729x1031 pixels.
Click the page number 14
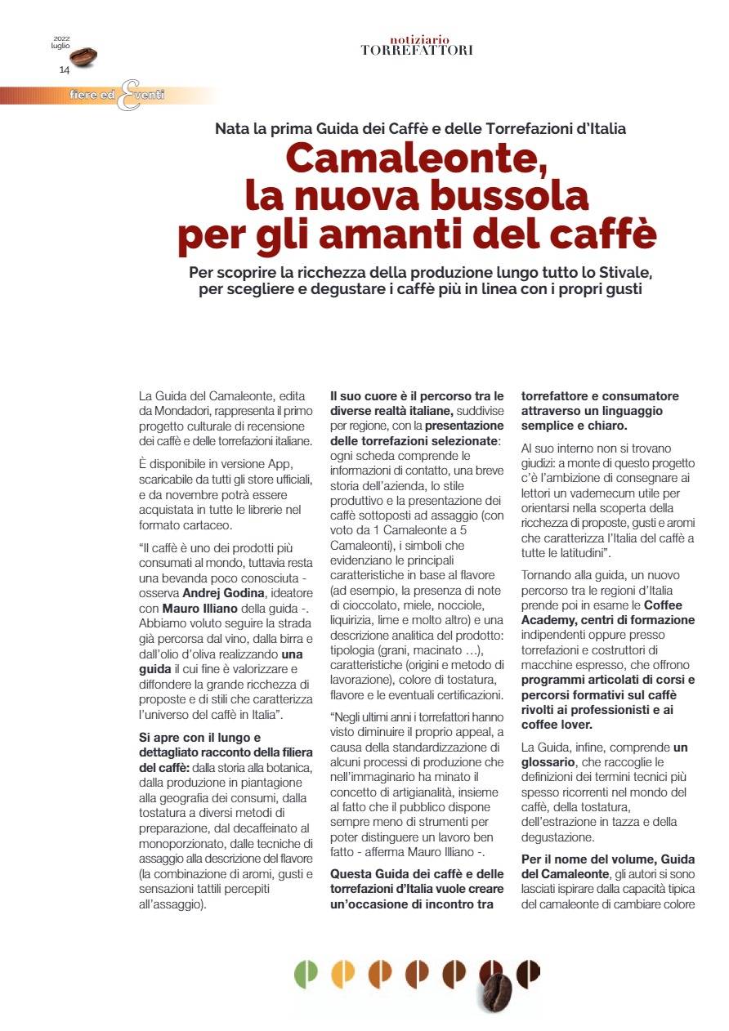(64, 70)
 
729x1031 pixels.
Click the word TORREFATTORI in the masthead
(417, 51)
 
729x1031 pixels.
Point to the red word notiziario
(417, 39)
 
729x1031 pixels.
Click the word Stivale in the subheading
(624, 272)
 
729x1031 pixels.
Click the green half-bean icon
(306, 972)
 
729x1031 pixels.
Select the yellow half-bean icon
(342, 972)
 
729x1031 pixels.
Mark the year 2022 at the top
(62, 38)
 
